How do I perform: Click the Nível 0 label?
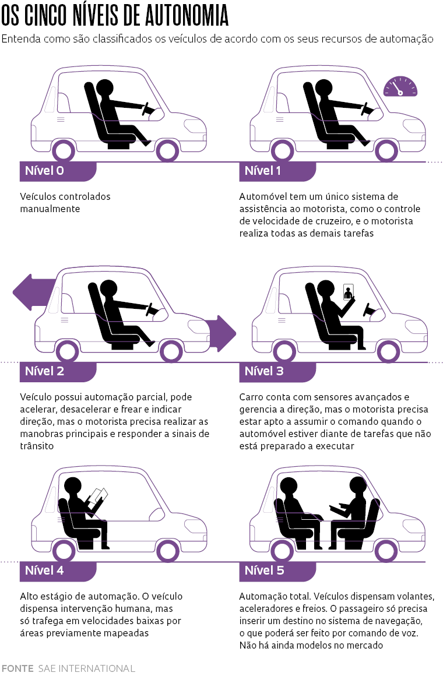pyautogui.click(x=44, y=171)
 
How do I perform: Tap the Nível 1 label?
pyautogui.click(x=263, y=171)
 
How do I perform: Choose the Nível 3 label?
pyautogui.click(x=264, y=371)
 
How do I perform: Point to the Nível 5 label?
pyautogui.click(x=264, y=571)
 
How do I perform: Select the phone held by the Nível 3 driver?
pyautogui.click(x=349, y=293)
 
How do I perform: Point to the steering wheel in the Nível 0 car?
pyautogui.click(x=148, y=110)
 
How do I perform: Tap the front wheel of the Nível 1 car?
pyautogui.click(x=385, y=150)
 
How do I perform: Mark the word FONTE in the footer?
pyautogui.click(x=17, y=668)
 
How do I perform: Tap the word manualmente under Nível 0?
pyautogui.click(x=50, y=209)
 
